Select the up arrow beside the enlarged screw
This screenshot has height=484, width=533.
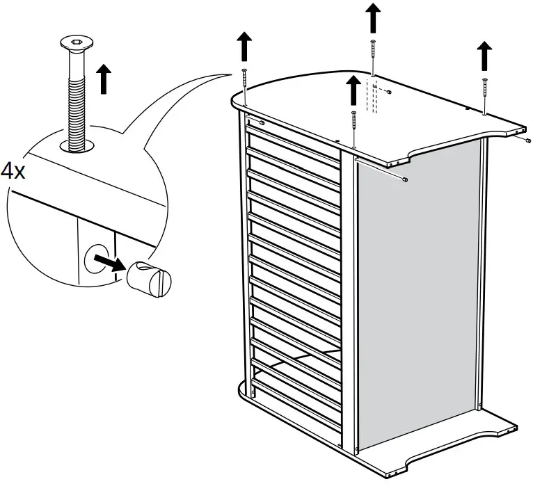104,78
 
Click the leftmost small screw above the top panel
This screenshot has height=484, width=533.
245,82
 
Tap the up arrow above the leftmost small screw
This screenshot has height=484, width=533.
244,47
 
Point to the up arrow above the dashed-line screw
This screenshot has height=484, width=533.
374,16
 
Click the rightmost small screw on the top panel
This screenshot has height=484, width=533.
484,93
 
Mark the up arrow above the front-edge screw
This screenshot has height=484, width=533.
353,90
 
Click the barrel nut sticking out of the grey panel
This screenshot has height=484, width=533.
404,180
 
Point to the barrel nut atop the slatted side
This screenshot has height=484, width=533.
261,122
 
